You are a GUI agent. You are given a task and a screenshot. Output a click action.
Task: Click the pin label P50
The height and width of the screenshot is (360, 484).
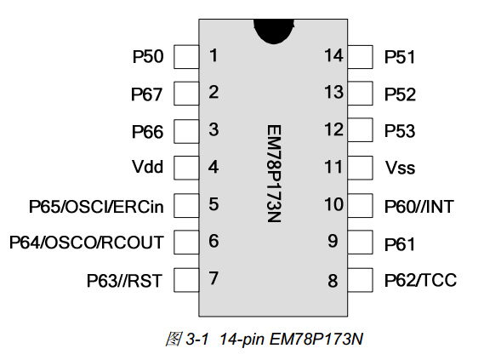(148, 57)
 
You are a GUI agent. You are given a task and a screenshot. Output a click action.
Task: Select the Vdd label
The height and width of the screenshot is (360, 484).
(147, 167)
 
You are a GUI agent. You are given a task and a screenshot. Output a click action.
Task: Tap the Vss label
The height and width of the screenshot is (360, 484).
(400, 168)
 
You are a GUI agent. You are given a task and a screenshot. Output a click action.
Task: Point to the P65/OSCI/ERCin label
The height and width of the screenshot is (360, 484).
(96, 207)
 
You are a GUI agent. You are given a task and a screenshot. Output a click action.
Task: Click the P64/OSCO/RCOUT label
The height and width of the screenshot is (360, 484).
(87, 243)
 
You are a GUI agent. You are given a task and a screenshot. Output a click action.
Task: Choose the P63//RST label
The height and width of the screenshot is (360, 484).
(124, 281)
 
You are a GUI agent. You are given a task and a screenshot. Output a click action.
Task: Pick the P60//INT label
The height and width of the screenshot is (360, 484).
(419, 207)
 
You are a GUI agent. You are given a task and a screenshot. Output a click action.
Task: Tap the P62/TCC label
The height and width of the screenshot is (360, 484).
(420, 280)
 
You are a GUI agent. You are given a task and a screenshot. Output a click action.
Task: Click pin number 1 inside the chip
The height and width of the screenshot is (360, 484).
(214, 55)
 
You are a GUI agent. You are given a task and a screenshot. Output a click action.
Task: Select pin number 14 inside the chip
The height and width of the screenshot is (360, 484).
(333, 55)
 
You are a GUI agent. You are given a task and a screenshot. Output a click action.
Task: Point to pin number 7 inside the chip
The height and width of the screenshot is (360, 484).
(214, 278)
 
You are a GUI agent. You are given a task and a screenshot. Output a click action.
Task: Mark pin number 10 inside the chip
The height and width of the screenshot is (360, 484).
(333, 204)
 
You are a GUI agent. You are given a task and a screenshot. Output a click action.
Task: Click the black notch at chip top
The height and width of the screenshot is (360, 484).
(274, 31)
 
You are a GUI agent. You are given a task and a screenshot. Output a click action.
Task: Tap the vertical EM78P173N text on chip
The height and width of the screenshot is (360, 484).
(274, 174)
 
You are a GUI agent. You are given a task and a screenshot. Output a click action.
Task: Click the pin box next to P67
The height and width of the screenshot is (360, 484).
(186, 94)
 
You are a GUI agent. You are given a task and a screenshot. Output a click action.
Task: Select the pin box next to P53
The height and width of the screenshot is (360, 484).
(360, 130)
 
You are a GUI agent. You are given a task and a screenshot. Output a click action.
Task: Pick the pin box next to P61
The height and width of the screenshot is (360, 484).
(360, 242)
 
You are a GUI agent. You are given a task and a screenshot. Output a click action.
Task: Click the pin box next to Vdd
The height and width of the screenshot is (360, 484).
(186, 168)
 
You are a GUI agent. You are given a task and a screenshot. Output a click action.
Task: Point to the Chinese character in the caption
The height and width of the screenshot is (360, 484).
(174, 339)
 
